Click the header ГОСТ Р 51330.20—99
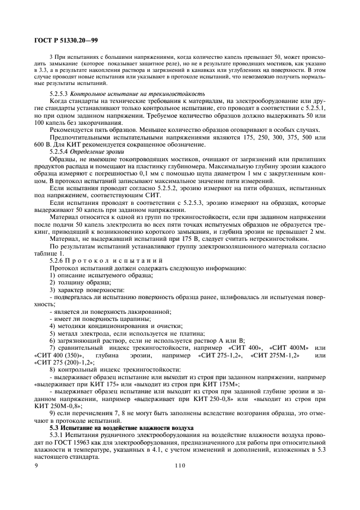pyautogui.click(x=62, y=40)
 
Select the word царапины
pyautogui.click(x=131, y=318)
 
